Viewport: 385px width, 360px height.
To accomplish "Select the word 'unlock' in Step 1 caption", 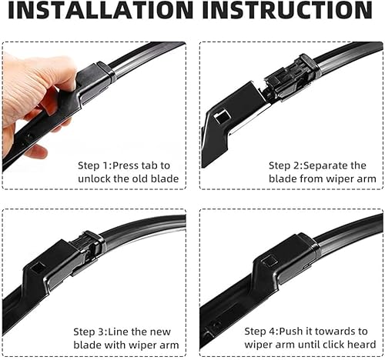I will (x=95, y=179).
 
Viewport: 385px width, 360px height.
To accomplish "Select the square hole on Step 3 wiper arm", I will (x=38, y=268).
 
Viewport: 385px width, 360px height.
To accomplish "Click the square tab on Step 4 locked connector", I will (x=269, y=261).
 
